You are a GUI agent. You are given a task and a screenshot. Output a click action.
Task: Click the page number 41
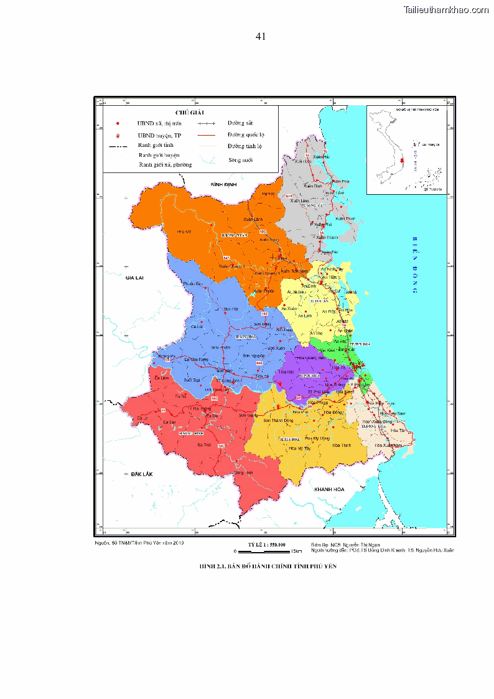click(261, 36)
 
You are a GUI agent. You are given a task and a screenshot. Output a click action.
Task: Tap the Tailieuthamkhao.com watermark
click(446, 9)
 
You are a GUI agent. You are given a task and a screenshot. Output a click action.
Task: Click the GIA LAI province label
click(134, 277)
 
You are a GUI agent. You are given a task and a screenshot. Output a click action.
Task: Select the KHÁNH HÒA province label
click(329, 489)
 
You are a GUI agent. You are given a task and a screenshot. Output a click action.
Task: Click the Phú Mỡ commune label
click(183, 232)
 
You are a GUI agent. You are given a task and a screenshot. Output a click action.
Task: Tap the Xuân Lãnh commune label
click(253, 219)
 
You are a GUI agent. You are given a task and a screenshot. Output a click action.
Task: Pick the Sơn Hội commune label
click(231, 309)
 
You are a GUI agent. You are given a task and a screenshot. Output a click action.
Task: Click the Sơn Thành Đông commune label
click(278, 420)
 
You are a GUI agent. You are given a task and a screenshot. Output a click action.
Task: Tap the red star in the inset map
click(403, 161)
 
